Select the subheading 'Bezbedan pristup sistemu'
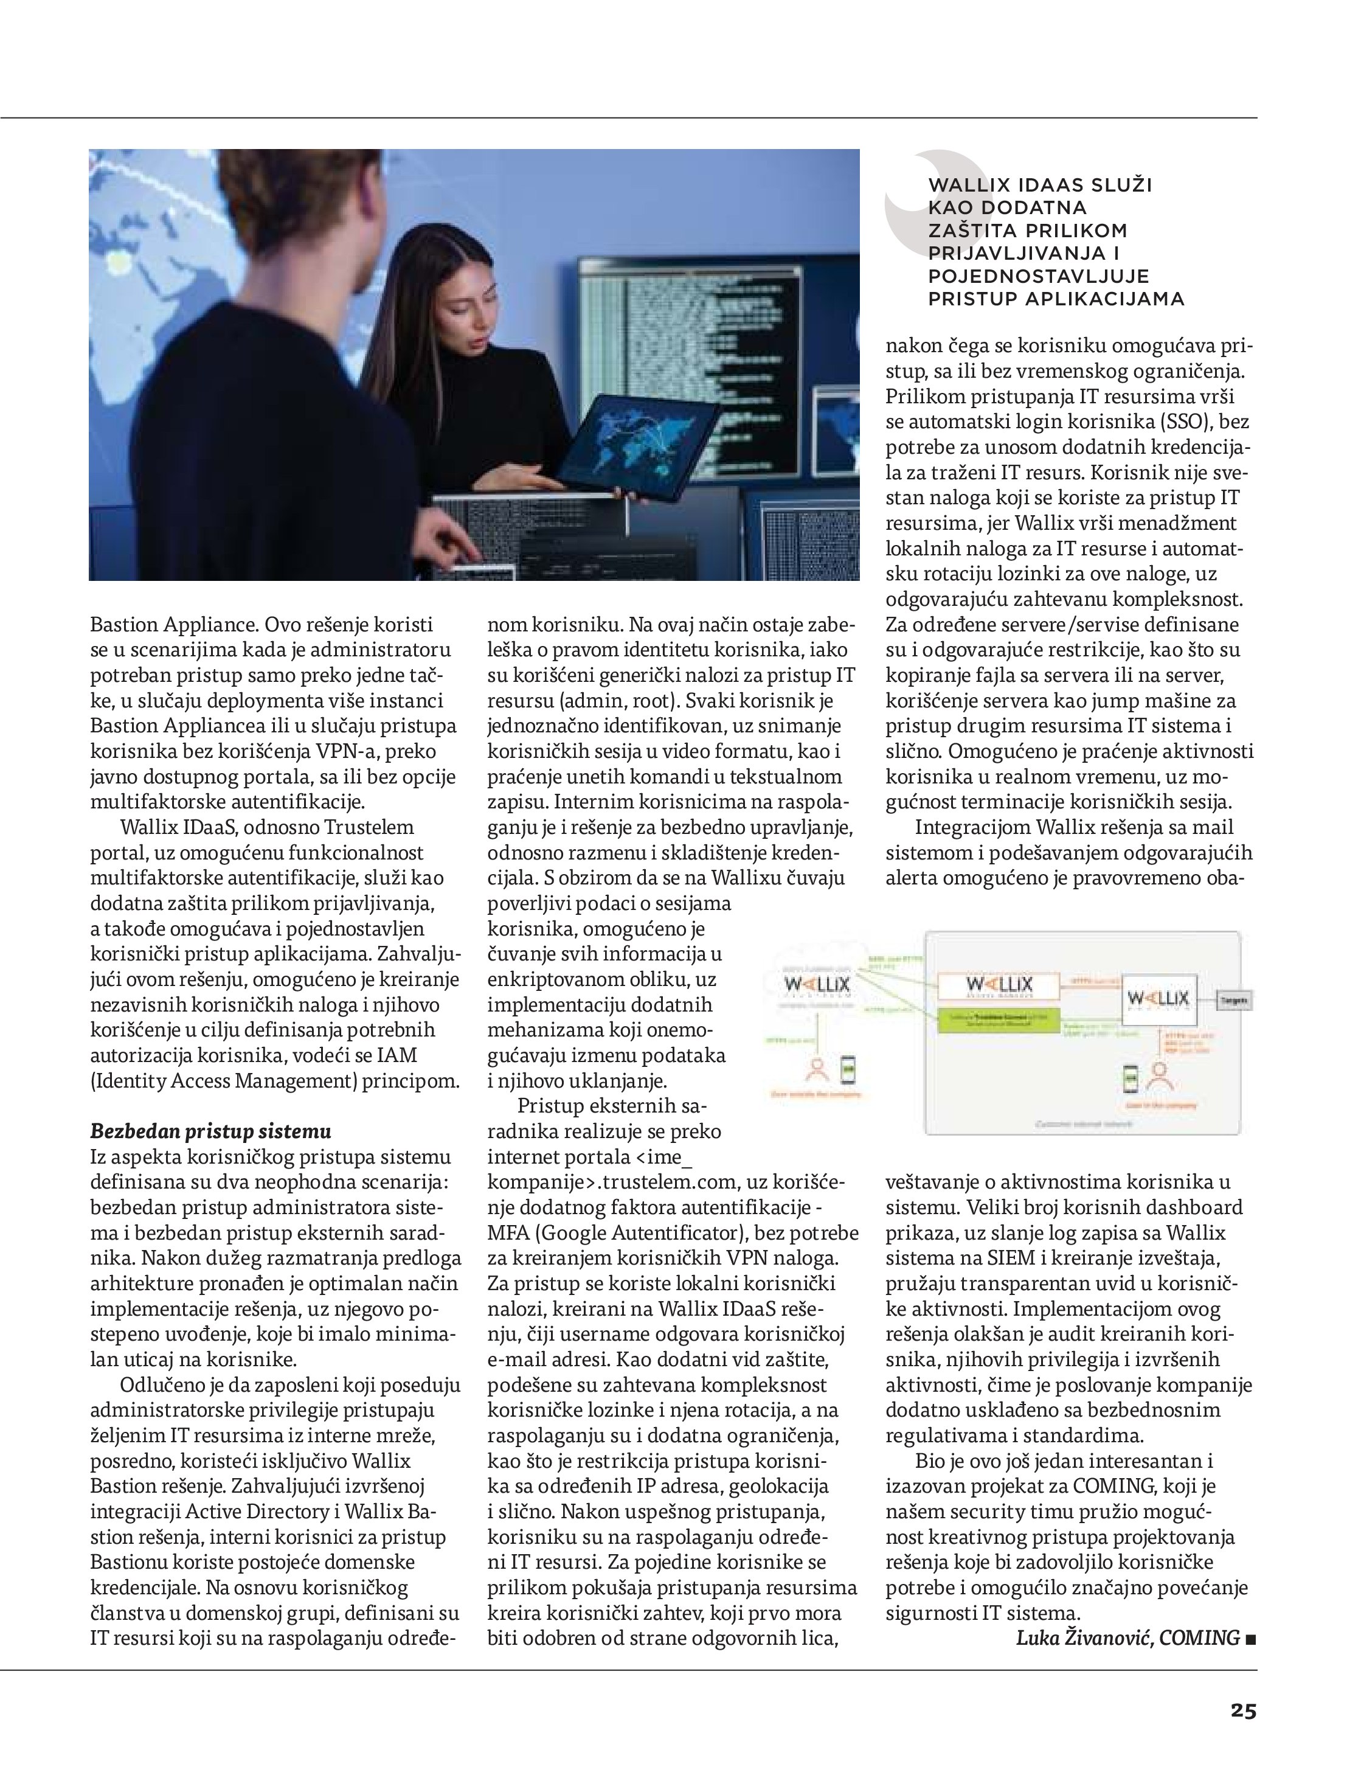point(210,1132)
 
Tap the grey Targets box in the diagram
point(1234,1001)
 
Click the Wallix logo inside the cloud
point(817,985)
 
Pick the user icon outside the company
point(817,1070)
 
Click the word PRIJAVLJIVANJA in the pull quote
point(1017,253)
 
